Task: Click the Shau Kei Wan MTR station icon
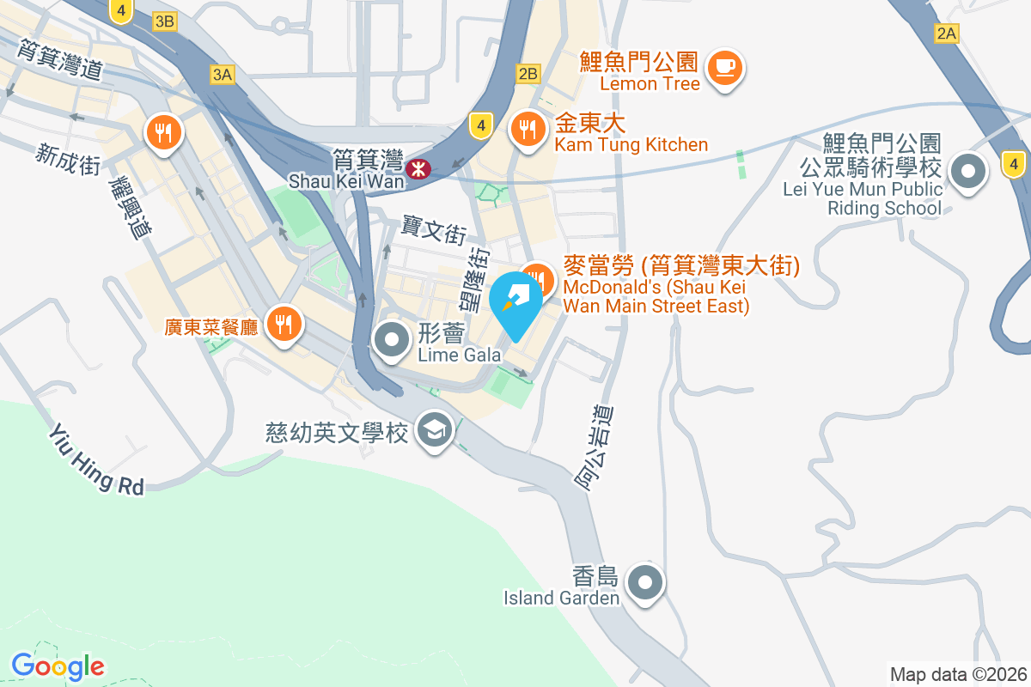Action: point(419,168)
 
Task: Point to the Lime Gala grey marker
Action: point(393,340)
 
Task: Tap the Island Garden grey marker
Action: point(645,584)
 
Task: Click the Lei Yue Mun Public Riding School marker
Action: point(968,172)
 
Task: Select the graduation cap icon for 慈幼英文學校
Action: point(435,429)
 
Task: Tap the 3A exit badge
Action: point(221,75)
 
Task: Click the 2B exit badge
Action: point(528,74)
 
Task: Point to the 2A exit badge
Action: point(946,33)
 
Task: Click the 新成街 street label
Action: point(68,159)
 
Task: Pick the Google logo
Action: point(58,666)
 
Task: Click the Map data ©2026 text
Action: point(956,674)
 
